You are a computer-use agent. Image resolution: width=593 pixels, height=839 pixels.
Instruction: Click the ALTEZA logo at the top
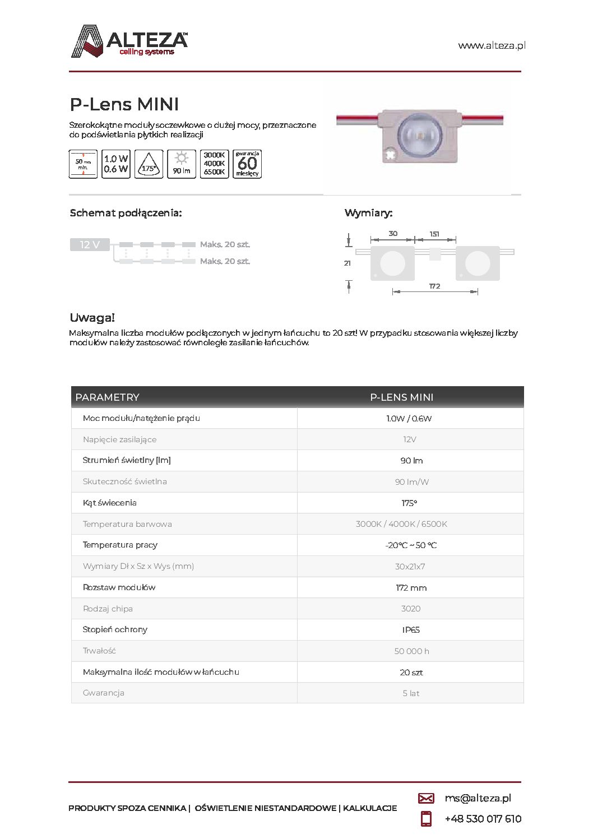click(x=129, y=41)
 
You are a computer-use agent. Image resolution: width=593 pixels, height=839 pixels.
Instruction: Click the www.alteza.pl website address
click(x=492, y=45)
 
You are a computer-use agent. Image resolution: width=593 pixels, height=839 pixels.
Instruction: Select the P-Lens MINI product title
click(x=124, y=104)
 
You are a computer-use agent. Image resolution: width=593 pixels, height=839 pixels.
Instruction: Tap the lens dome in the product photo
click(x=419, y=135)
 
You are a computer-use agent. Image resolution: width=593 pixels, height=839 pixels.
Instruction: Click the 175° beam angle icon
click(x=149, y=164)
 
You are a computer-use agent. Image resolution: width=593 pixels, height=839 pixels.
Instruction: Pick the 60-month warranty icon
click(x=247, y=164)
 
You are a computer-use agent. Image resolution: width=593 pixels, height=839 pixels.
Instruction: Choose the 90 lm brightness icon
click(x=182, y=164)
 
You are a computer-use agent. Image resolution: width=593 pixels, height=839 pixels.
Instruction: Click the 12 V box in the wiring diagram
click(x=90, y=244)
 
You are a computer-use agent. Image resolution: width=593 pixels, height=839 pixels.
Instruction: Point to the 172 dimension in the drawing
click(x=434, y=286)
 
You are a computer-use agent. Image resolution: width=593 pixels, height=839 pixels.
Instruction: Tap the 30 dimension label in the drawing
click(x=393, y=234)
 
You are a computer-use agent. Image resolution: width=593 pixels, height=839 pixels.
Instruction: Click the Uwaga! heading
click(x=92, y=318)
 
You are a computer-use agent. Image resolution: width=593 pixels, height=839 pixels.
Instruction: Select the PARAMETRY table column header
click(x=107, y=397)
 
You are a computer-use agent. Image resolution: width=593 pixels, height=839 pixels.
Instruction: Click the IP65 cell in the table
click(x=411, y=630)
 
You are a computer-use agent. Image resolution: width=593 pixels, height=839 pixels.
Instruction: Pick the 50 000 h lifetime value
click(x=411, y=651)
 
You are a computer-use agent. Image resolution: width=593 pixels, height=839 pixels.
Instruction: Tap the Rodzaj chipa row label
click(x=108, y=609)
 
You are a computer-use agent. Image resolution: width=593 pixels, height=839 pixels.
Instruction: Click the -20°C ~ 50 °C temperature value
click(x=411, y=545)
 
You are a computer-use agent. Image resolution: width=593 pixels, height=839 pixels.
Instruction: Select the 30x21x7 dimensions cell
click(x=410, y=567)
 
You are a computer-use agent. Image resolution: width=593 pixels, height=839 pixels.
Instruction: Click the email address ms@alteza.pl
click(x=478, y=798)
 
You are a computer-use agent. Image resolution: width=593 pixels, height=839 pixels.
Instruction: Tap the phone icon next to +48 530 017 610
click(x=426, y=819)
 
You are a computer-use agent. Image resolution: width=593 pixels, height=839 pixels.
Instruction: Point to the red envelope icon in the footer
click(x=426, y=798)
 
